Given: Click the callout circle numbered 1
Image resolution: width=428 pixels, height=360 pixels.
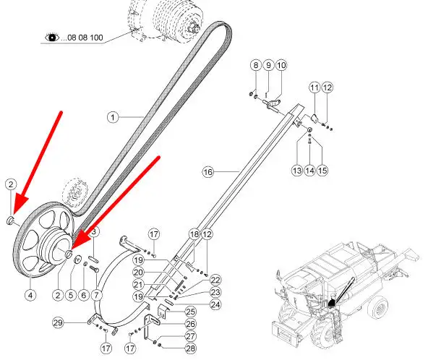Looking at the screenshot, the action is (113, 117).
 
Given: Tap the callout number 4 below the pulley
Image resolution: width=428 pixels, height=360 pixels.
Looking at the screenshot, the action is (30, 295).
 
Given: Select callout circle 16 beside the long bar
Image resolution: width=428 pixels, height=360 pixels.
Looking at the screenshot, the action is (208, 172).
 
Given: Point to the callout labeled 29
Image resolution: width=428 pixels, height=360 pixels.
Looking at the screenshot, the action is (58, 323).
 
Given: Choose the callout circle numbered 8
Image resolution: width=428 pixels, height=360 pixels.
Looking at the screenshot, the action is (255, 65).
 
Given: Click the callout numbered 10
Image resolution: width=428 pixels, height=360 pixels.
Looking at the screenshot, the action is (281, 65).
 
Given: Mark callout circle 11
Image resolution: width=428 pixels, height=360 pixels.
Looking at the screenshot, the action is (314, 87).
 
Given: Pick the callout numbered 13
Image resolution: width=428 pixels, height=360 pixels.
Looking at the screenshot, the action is (297, 171).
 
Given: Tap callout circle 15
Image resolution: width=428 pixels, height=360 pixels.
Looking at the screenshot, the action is (322, 171).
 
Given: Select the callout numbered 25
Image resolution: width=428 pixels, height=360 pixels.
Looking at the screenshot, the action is (190, 312).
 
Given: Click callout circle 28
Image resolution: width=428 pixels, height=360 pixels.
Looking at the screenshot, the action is (190, 348).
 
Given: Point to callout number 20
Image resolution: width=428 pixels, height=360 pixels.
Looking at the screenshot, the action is (138, 272).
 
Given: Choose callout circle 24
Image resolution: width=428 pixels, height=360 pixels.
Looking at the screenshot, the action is (215, 304).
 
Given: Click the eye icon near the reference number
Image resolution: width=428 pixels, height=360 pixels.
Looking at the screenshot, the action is (52, 37).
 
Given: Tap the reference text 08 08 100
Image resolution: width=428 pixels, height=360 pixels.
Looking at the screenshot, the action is (85, 38).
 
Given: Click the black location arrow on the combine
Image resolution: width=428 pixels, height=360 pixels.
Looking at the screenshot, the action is (331, 302).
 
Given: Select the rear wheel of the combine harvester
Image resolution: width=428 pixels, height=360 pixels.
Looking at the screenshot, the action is (379, 309).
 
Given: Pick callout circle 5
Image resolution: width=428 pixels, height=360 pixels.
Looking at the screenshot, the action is (71, 295).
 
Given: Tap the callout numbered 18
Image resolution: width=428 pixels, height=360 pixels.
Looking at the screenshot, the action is (194, 234).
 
